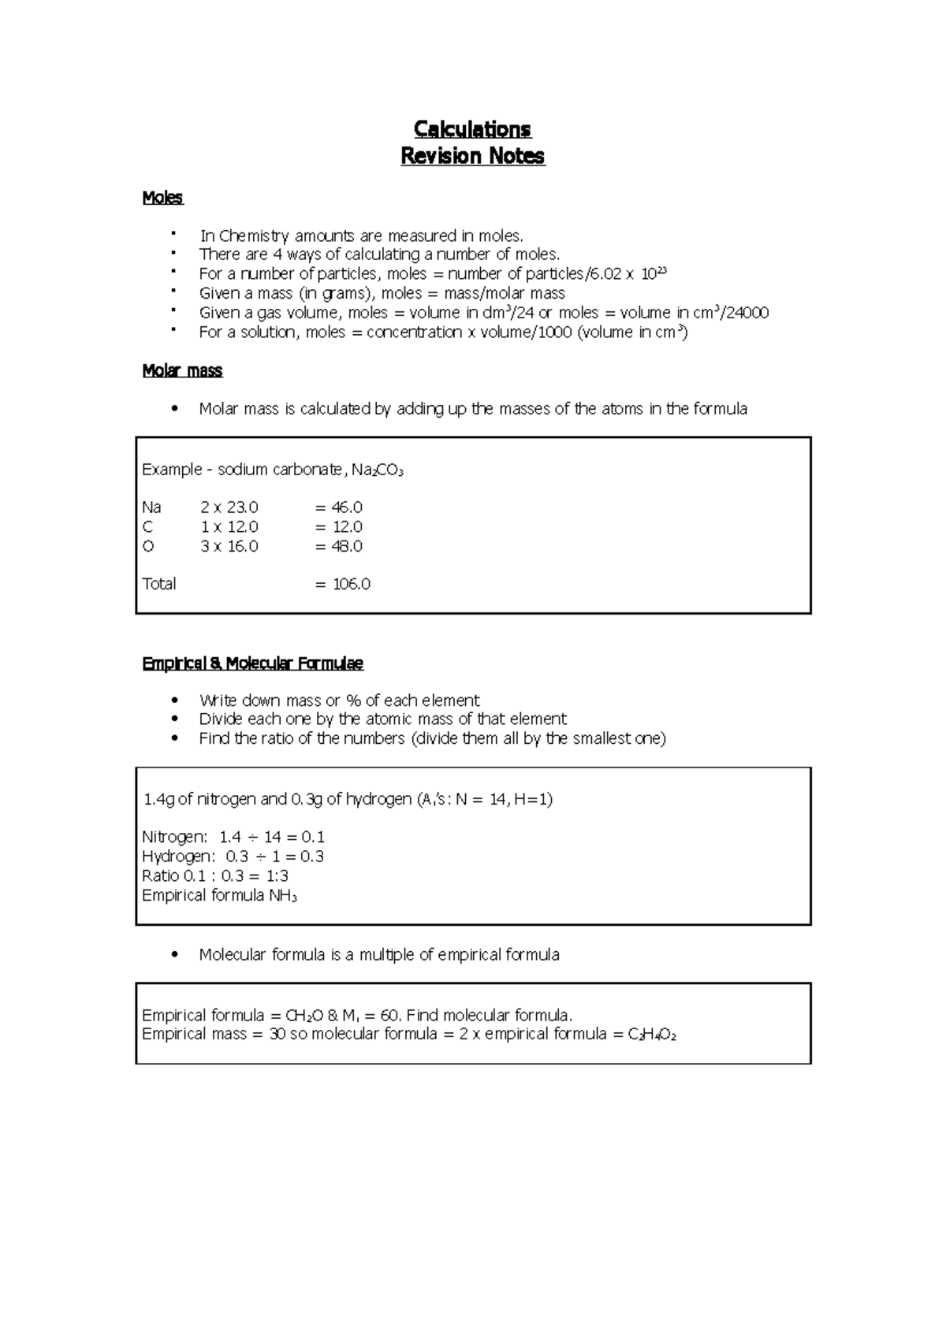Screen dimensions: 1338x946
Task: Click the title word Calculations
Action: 473,129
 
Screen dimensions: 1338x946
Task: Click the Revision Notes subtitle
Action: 473,156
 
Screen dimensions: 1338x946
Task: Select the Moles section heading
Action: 162,198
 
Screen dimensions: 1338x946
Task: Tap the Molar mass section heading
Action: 182,370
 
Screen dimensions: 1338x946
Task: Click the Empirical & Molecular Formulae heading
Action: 252,663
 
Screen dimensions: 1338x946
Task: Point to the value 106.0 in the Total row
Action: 351,584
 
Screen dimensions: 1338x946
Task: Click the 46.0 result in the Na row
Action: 347,507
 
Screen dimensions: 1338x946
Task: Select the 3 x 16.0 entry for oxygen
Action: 229,546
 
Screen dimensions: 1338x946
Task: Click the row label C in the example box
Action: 147,526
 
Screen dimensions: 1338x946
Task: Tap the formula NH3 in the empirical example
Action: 283,895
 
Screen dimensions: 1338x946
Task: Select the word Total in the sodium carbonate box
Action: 159,584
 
